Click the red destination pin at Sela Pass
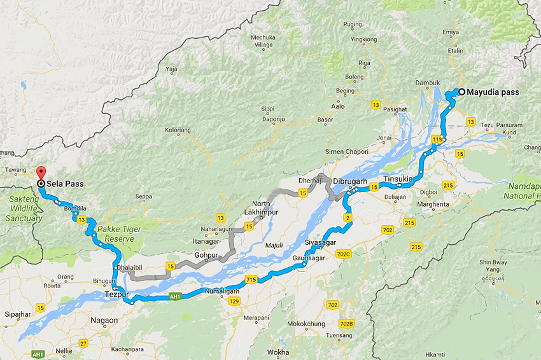click(41, 173)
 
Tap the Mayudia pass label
click(493, 92)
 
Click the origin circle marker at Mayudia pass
click(461, 92)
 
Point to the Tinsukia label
click(398, 179)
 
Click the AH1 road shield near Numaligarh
click(176, 296)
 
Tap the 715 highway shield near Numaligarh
click(250, 279)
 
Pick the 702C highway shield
click(344, 254)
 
